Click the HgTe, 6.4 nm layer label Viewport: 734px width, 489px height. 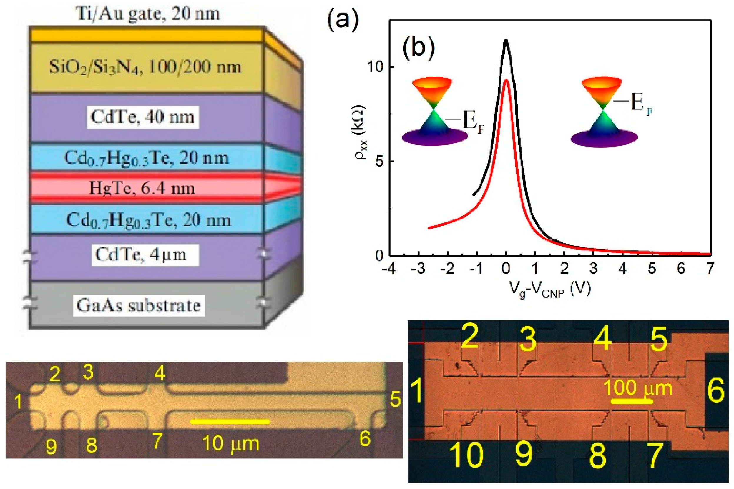[x=142, y=188]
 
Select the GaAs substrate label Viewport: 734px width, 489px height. [x=139, y=306]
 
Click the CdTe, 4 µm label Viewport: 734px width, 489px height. [x=140, y=255]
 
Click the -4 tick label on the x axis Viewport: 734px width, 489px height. [x=389, y=269]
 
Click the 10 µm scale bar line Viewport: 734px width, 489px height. [x=230, y=422]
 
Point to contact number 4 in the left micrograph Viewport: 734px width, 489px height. [x=160, y=373]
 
